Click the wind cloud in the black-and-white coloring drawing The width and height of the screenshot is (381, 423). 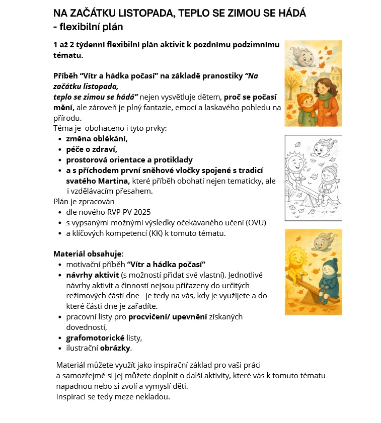pos(320,147)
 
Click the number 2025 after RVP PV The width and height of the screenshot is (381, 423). pos(140,212)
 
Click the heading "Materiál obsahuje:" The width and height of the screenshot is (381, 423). pos(89,253)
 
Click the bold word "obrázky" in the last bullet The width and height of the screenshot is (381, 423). pos(115,348)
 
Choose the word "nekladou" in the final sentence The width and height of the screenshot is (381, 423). pos(154,396)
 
